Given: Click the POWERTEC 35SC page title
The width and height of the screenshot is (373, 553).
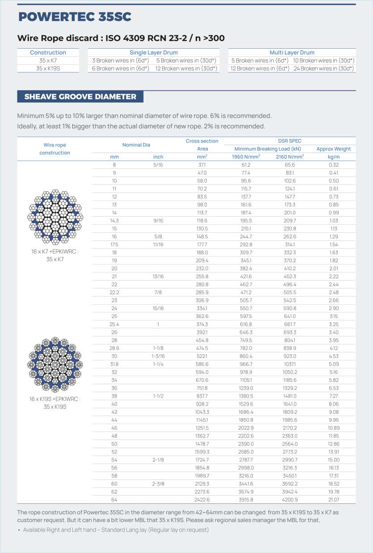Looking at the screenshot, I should click(x=75, y=17).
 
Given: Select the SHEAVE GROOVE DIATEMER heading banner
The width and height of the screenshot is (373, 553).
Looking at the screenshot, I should click(x=80, y=96).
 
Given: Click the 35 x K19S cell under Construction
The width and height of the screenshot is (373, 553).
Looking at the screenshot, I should click(x=48, y=68).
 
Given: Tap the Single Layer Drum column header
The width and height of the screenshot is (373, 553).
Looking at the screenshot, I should click(x=154, y=53).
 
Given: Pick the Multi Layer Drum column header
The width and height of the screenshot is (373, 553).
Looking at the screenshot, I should click(x=292, y=53).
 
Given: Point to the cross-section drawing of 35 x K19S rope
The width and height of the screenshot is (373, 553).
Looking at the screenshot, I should click(x=55, y=365).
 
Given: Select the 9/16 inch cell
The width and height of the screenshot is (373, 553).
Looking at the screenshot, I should click(x=158, y=221).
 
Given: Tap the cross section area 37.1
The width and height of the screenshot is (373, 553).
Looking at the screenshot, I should click(x=202, y=165).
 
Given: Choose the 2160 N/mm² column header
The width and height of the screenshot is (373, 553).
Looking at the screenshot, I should click(x=289, y=157).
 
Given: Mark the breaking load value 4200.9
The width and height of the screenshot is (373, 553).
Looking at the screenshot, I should click(x=289, y=499).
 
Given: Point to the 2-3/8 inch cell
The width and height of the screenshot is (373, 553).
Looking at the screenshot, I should click(x=158, y=484).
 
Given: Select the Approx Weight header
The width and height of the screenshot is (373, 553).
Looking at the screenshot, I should click(x=333, y=149).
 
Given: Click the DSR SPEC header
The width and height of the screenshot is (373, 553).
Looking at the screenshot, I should click(x=289, y=141).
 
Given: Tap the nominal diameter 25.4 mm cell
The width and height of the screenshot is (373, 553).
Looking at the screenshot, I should click(x=114, y=324).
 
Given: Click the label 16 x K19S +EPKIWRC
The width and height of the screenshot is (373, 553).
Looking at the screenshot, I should click(x=55, y=398).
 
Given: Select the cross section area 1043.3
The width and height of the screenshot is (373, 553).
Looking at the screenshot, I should click(x=202, y=412).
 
